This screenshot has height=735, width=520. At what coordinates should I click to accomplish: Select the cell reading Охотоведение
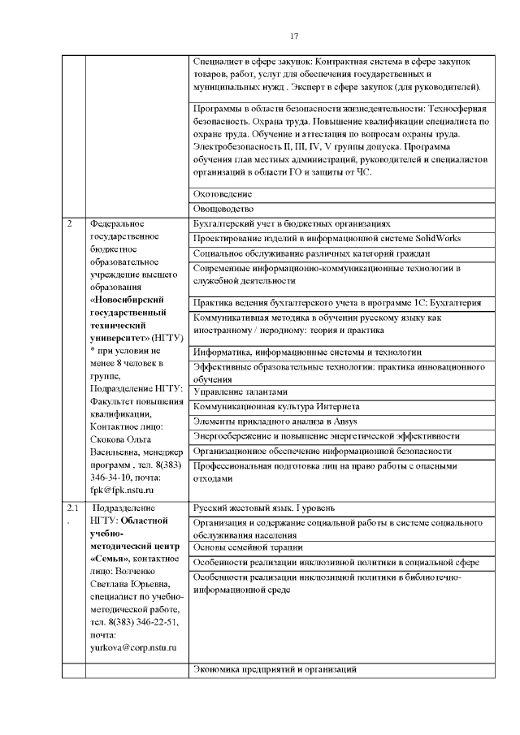click(223, 194)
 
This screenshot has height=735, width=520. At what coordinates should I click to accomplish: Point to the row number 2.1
click(71, 508)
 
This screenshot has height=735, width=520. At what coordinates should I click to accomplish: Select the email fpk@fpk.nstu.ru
click(123, 491)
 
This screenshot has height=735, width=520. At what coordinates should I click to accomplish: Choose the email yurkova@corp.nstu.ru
click(134, 647)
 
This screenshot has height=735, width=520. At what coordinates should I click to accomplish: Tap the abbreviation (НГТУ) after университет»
click(167, 337)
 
